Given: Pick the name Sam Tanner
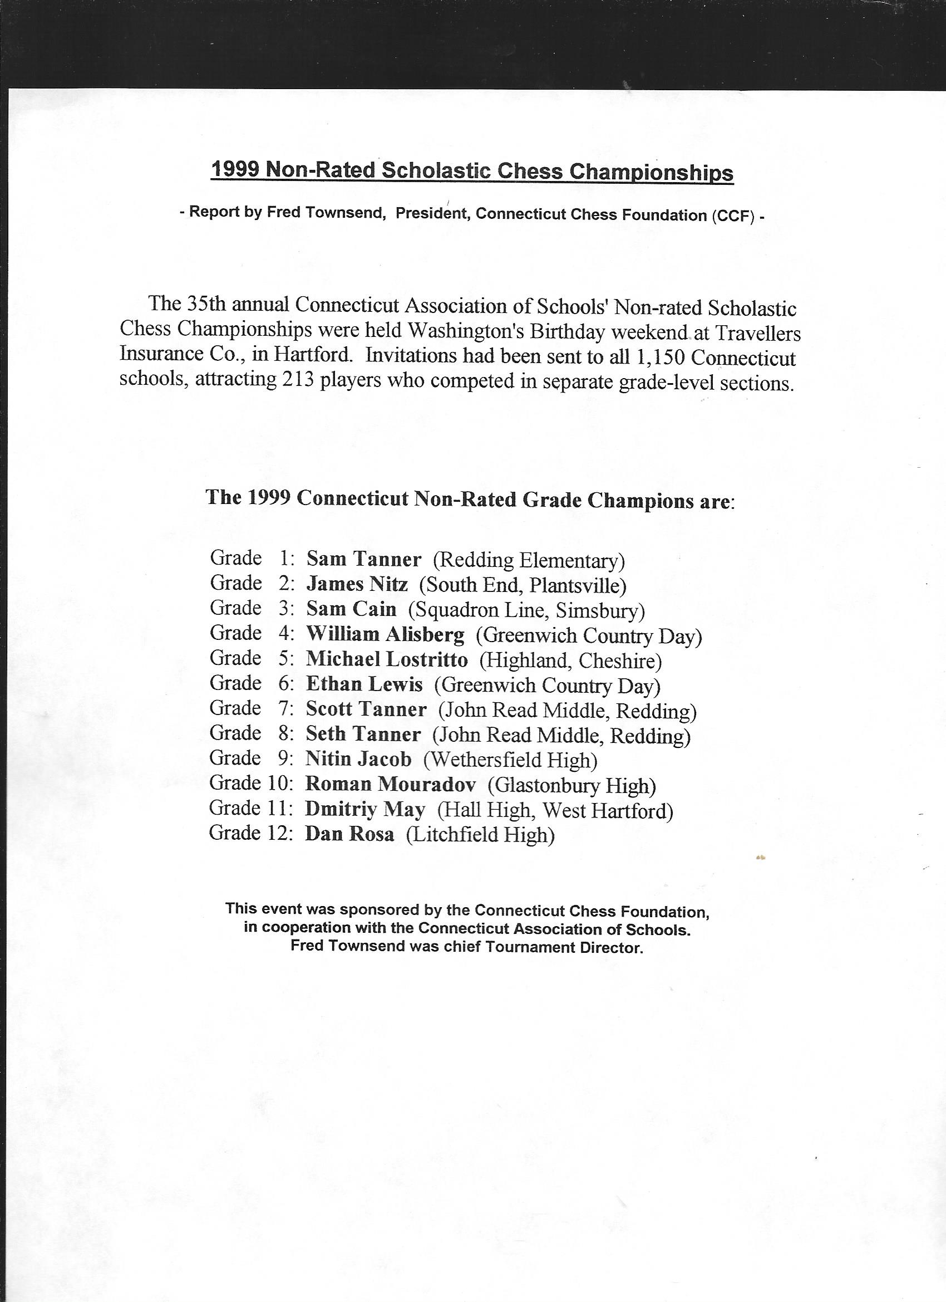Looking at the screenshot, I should coord(364,559).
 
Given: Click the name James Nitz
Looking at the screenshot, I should coord(357,584).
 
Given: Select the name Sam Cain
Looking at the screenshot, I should coord(351,609).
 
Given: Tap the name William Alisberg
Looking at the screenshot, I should coord(385,634).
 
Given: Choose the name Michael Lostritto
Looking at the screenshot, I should coord(387,659).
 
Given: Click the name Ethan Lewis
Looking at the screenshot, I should coord(364,684).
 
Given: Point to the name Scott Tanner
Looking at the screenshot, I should coord(366,709).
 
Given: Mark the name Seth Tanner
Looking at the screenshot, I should coord(363,734).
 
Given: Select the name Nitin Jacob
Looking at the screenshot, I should coord(358,760).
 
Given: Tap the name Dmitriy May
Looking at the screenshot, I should coord(365,810).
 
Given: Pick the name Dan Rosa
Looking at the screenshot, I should coord(349,834).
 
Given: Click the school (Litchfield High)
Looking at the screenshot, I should coord(480,835).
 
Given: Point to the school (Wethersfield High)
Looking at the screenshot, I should coord(510,761).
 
